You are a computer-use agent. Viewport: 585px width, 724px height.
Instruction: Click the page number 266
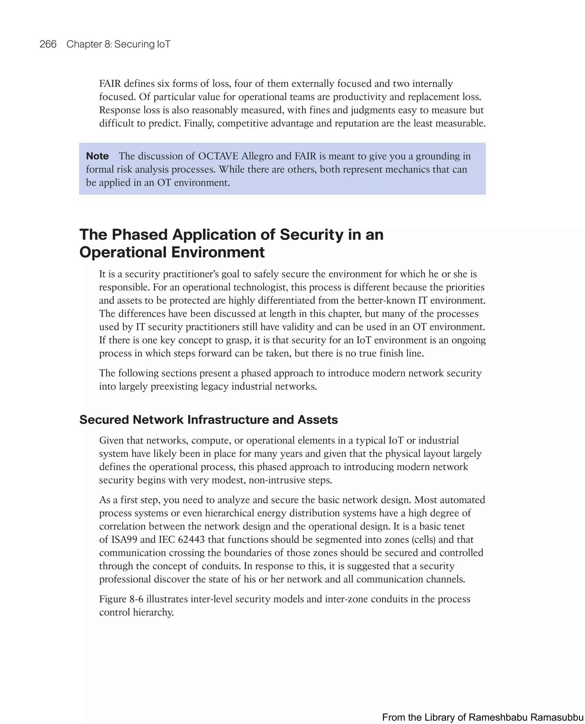pos(48,44)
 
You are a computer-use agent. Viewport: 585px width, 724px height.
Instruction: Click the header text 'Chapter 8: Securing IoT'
pos(118,44)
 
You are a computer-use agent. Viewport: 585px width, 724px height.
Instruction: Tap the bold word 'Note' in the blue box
pos(97,156)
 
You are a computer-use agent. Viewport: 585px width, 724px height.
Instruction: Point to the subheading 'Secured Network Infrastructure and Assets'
pos(208,420)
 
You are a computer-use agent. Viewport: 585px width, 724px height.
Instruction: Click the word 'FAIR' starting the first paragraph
pos(110,84)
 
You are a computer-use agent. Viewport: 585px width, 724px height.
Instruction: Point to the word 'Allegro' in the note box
pos(257,156)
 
